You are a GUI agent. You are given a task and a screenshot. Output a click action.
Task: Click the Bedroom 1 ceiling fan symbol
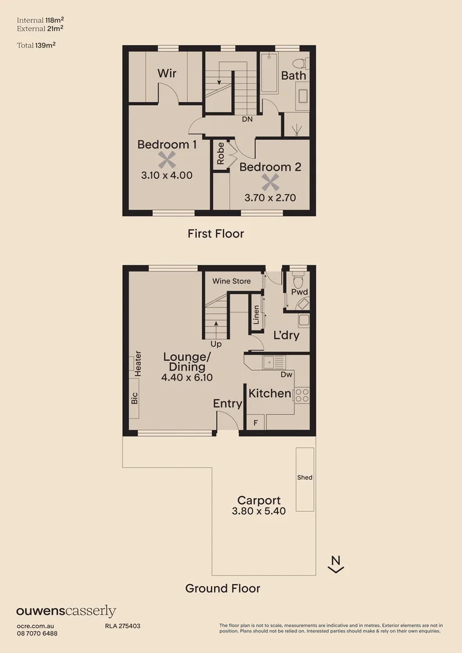coord(167,160)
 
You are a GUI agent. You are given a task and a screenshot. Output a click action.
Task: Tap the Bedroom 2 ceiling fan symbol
coord(270,182)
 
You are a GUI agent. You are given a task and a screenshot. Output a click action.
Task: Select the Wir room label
coord(167,73)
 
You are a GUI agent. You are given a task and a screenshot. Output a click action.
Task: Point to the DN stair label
coord(247,119)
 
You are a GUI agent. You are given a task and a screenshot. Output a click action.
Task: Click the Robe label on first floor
coord(221,153)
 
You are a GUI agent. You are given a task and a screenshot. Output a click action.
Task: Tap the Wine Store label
coord(231,281)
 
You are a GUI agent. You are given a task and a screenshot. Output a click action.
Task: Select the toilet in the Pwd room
coord(297,282)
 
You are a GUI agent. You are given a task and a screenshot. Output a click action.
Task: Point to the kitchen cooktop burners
coord(302,395)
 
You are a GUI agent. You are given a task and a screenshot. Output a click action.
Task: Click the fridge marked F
coord(255,423)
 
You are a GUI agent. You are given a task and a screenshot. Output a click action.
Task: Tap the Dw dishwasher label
coord(287,375)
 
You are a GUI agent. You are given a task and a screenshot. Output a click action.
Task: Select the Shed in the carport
coord(305,478)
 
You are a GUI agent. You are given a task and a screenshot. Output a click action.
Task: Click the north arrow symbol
coord(336,564)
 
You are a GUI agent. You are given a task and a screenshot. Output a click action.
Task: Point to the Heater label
coord(138,364)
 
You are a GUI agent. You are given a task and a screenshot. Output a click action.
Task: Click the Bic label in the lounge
coord(134,398)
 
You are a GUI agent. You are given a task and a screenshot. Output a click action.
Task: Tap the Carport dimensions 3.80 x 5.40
coord(258,511)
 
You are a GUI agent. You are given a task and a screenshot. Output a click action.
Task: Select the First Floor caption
coord(215,233)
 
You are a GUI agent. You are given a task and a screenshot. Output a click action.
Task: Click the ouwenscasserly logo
coord(66,611)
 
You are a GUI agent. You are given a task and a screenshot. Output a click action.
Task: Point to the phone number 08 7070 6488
coord(37,633)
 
